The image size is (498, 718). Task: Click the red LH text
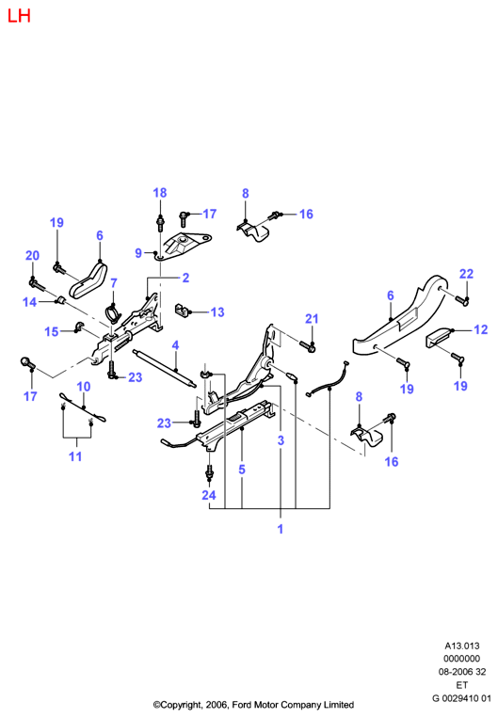19,16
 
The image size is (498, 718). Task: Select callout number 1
281,529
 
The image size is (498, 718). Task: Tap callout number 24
209,495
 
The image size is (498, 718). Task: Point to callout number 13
217,311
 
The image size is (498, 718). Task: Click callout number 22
466,274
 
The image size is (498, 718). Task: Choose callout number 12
481,329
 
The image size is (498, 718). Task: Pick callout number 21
312,319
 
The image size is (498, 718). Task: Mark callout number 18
160,193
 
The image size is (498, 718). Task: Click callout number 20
32,256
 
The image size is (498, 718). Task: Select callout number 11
75,456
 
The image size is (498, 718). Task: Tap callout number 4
175,345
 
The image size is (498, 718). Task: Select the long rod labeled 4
164,368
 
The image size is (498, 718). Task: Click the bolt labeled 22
462,300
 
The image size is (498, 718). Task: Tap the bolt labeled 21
308,346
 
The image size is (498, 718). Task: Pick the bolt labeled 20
37,285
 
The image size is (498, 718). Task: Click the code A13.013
462,646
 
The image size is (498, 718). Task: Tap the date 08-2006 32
462,672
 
